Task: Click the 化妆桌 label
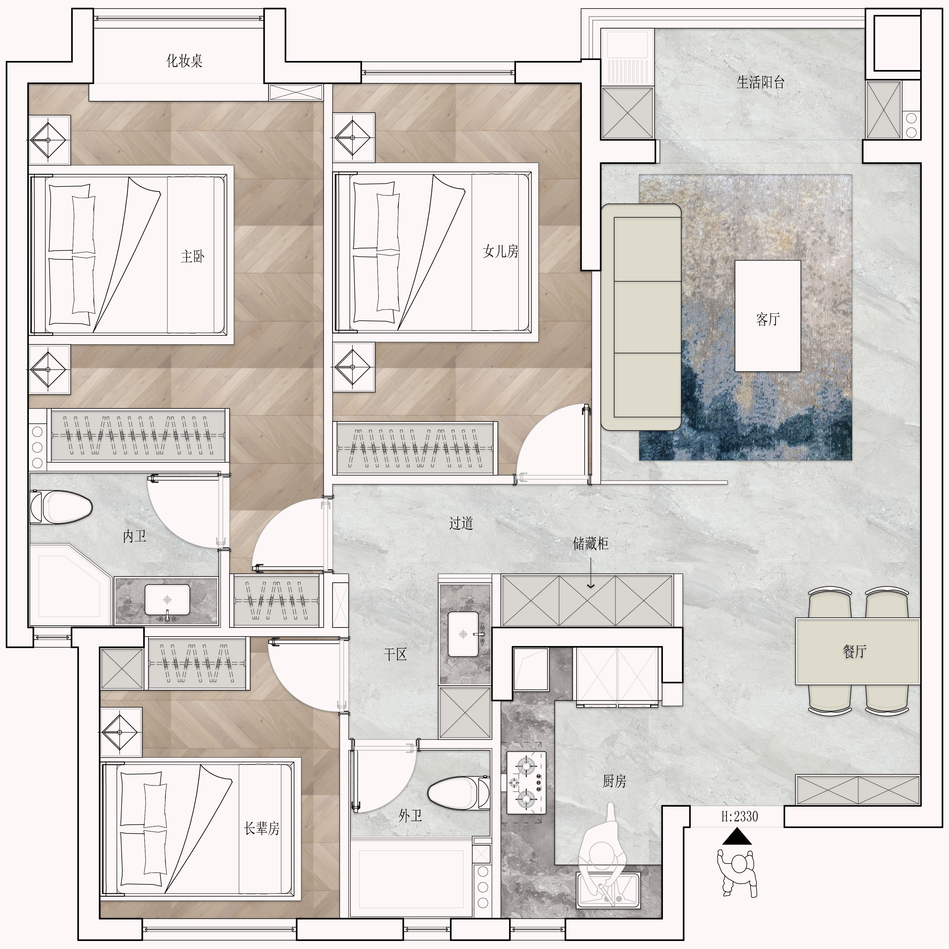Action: (184, 61)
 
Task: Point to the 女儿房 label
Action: (500, 251)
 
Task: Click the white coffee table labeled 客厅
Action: (768, 316)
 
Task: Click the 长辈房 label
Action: (262, 829)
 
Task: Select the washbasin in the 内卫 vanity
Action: (167, 600)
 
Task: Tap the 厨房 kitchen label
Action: (614, 781)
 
